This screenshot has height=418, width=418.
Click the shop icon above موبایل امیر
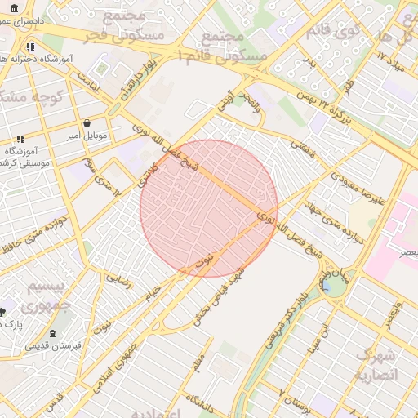click(87, 122)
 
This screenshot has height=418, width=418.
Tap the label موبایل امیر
click(87, 135)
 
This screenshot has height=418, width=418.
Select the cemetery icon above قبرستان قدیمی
click(54, 333)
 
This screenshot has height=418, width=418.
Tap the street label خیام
click(153, 295)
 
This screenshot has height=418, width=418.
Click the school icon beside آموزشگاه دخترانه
click(30, 47)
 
